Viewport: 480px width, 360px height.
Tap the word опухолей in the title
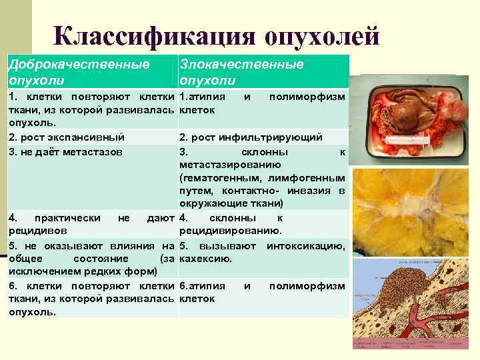pyautogui.click(x=322, y=37)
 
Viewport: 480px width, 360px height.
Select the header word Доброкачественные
pyautogui.click(x=78, y=64)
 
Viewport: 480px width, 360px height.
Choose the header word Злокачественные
pyautogui.click(x=241, y=64)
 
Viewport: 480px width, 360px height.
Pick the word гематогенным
pyautogui.click(x=223, y=177)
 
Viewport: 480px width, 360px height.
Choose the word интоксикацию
pyautogui.click(x=306, y=246)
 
